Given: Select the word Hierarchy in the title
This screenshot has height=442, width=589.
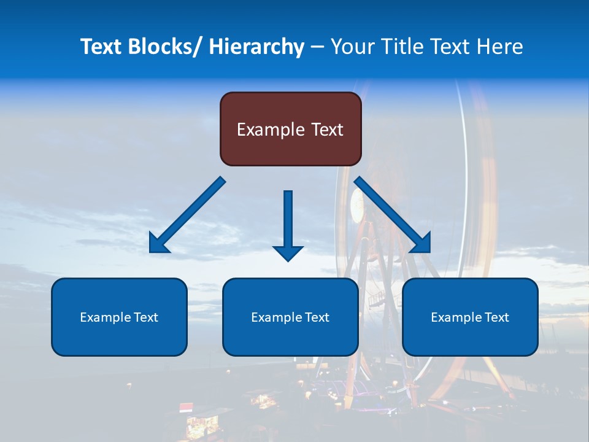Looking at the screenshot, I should (x=256, y=47).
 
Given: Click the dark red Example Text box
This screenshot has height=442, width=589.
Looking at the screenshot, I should (x=290, y=129).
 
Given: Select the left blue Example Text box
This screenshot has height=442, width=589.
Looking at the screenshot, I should (x=119, y=317).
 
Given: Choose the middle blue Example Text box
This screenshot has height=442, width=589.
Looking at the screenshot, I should (x=290, y=317).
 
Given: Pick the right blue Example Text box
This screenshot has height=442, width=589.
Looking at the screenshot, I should (x=470, y=317).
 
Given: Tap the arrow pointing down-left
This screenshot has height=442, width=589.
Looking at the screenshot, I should (x=187, y=215).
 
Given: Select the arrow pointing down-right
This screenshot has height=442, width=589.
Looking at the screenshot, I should (x=393, y=215).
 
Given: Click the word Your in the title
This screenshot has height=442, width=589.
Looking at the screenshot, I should (x=352, y=47).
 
